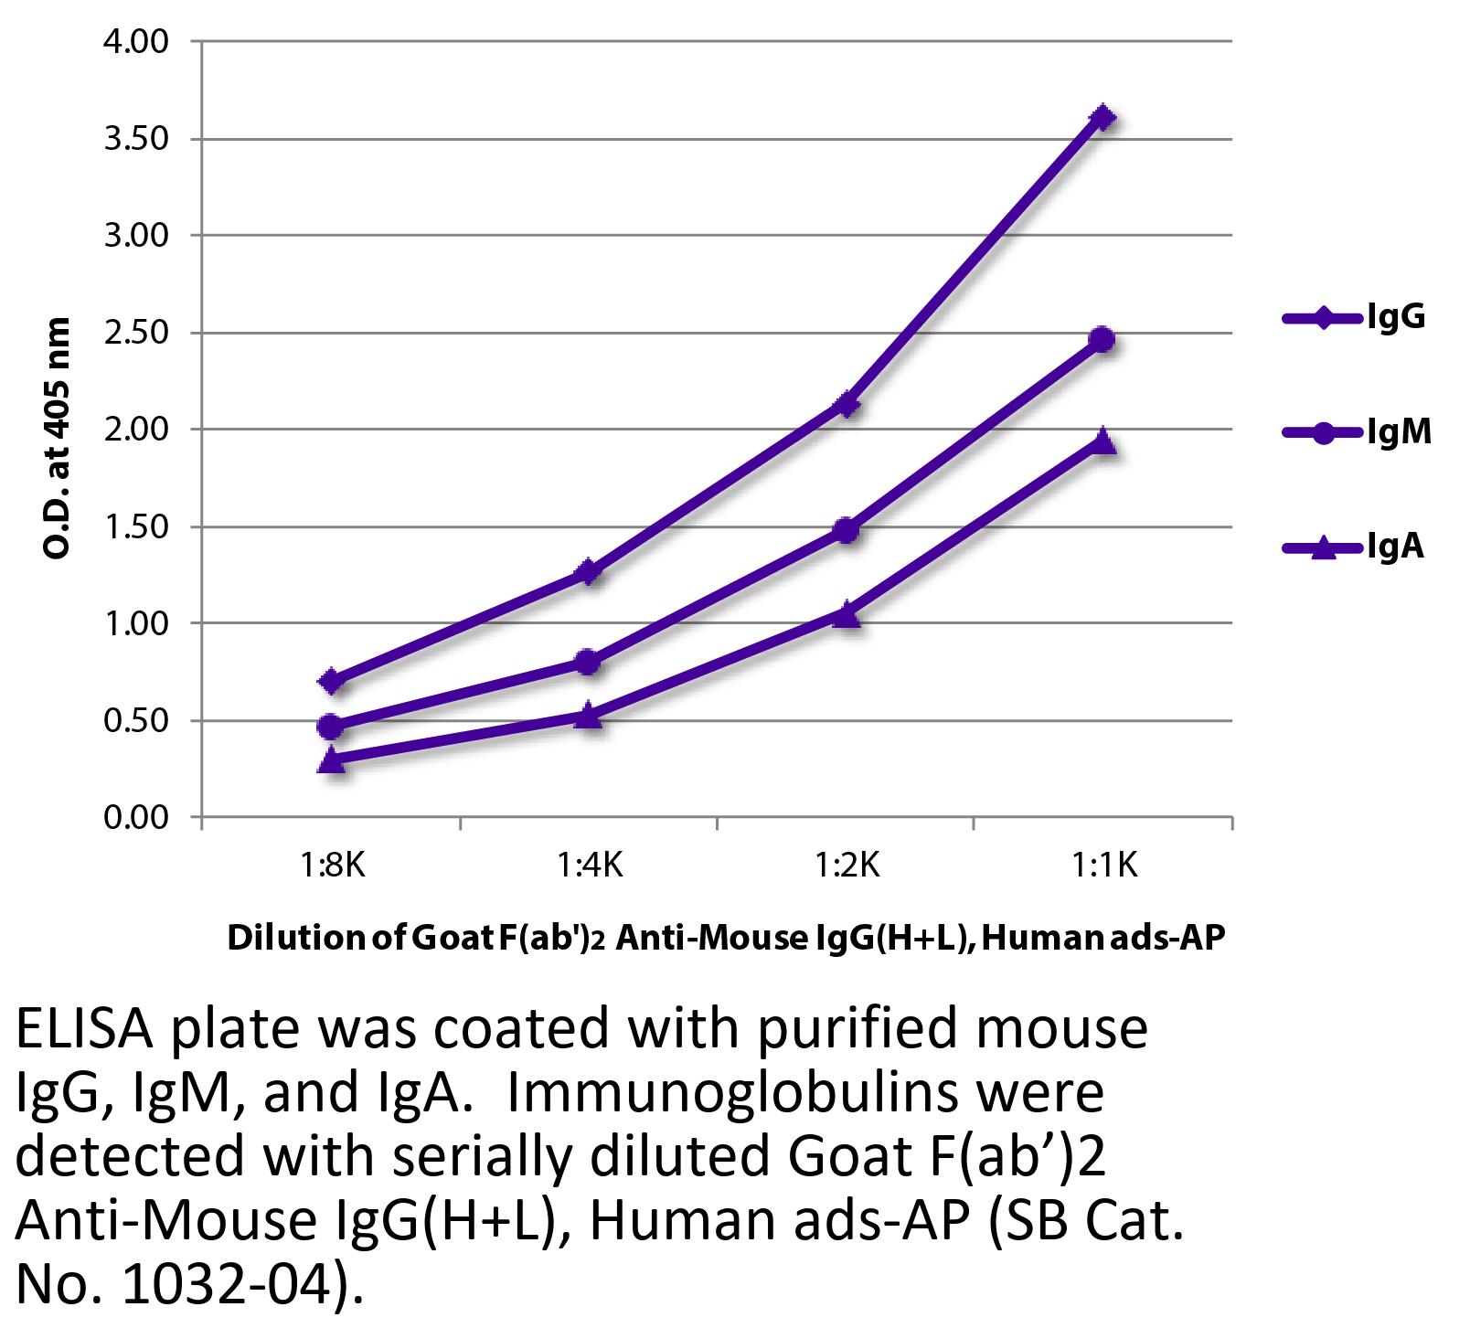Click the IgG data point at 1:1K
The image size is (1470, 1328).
(1102, 117)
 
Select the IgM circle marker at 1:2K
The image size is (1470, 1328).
(846, 530)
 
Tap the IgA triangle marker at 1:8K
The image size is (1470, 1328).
(332, 760)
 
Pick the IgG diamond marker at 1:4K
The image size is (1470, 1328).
(589, 573)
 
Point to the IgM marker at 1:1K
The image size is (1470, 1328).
(1102, 340)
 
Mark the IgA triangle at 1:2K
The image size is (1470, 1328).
(846, 614)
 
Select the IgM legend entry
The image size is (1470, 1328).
(1357, 432)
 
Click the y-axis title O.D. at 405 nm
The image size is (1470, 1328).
(57, 438)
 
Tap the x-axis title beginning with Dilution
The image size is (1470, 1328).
(725, 939)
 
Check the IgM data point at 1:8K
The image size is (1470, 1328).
(332, 727)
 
